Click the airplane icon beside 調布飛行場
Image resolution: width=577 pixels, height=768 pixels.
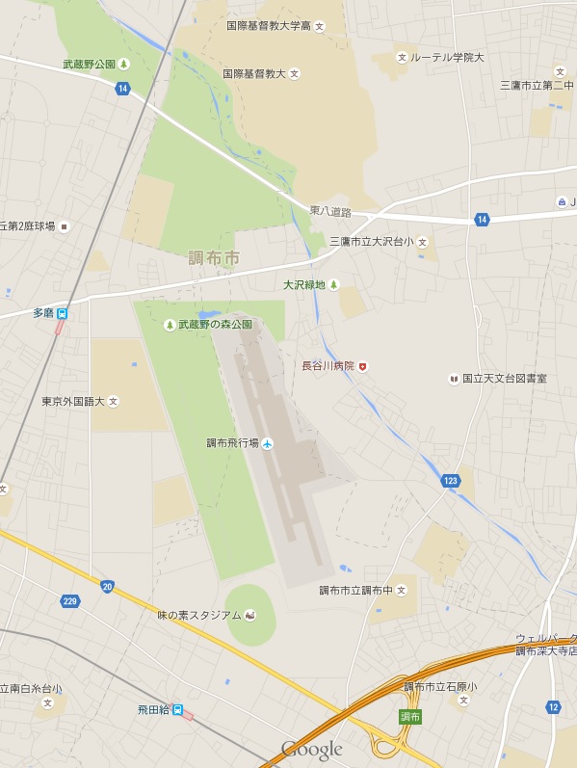click(x=268, y=443)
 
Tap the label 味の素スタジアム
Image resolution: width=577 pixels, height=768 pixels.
click(x=199, y=615)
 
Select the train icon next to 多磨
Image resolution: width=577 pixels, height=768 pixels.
click(x=63, y=313)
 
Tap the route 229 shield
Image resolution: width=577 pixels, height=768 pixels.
click(x=68, y=601)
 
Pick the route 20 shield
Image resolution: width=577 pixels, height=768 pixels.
click(x=106, y=586)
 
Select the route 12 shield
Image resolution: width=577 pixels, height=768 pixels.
click(x=553, y=706)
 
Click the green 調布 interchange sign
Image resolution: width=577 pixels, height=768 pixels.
click(x=410, y=716)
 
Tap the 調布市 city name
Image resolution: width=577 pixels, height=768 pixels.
click(x=214, y=258)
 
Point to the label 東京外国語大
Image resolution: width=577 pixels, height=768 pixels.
click(x=73, y=401)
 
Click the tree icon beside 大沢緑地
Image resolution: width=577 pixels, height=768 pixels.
click(x=334, y=284)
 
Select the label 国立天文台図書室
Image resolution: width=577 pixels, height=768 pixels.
click(x=504, y=379)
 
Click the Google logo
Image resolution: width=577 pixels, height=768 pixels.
click(x=311, y=750)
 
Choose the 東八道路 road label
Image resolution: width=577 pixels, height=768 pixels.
click(x=330, y=210)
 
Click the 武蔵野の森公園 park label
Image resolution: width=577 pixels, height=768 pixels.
click(x=215, y=325)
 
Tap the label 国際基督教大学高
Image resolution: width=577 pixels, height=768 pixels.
click(x=269, y=25)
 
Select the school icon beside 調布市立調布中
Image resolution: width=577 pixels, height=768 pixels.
click(x=401, y=590)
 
